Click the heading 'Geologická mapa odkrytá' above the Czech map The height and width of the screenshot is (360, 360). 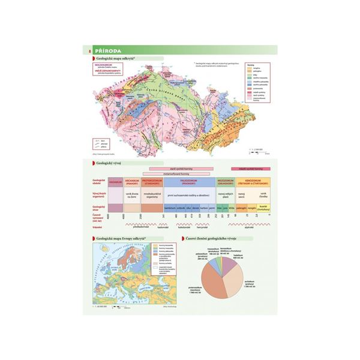[120, 59]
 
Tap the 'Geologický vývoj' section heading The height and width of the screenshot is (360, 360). [112, 162]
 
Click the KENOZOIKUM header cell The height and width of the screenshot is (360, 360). [251, 182]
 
